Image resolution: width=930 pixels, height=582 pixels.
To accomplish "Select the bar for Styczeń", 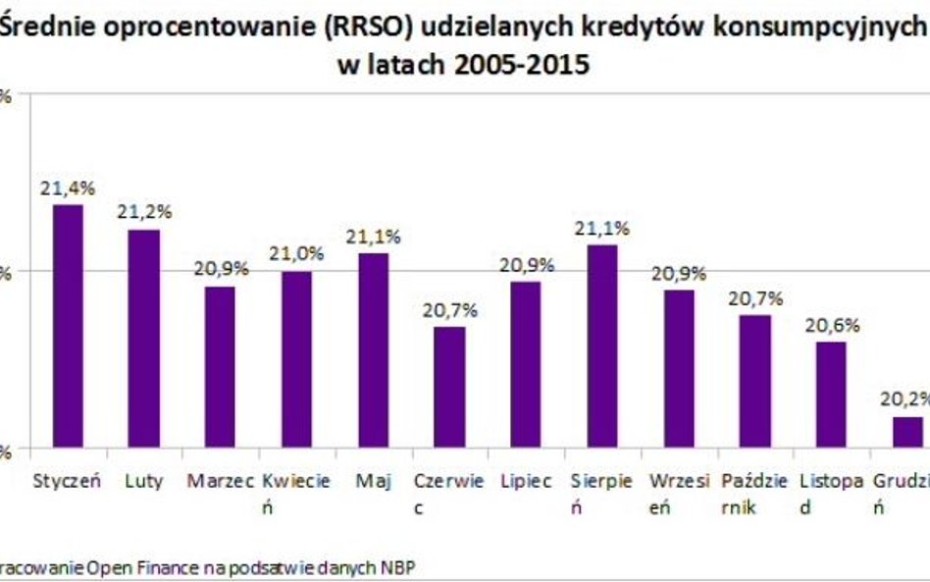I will pos(68,326).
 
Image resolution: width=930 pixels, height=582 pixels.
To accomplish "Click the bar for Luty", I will pos(144,339).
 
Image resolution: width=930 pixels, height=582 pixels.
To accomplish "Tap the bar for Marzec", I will pos(220,367).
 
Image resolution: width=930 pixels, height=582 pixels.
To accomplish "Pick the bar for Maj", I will pos(373,350).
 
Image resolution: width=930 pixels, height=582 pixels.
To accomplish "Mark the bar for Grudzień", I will pos(907,432).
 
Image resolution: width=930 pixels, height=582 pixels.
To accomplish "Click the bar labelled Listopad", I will pos(831,395).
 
